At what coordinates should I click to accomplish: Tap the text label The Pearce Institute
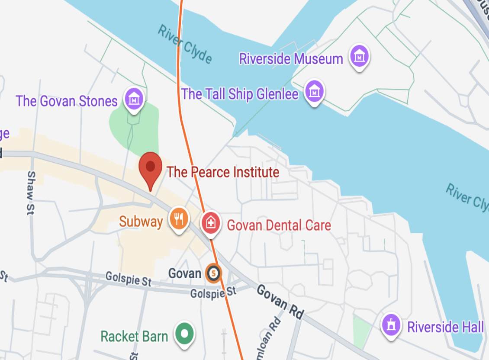[223, 172]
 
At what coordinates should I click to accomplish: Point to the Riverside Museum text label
[291, 58]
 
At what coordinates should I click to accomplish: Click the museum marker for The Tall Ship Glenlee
[315, 91]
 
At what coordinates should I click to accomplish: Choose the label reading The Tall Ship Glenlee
[240, 94]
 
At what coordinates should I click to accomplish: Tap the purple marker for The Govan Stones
[134, 99]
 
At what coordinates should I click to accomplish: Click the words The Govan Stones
[67, 101]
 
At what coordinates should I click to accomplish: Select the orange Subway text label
[141, 222]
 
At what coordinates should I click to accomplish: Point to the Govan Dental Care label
[279, 225]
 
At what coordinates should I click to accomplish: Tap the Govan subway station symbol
[213, 273]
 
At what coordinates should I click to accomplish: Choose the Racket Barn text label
[134, 336]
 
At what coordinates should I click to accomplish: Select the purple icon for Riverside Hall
[392, 325]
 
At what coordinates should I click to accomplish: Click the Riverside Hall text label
[445, 327]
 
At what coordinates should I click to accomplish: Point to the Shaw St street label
[31, 192]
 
